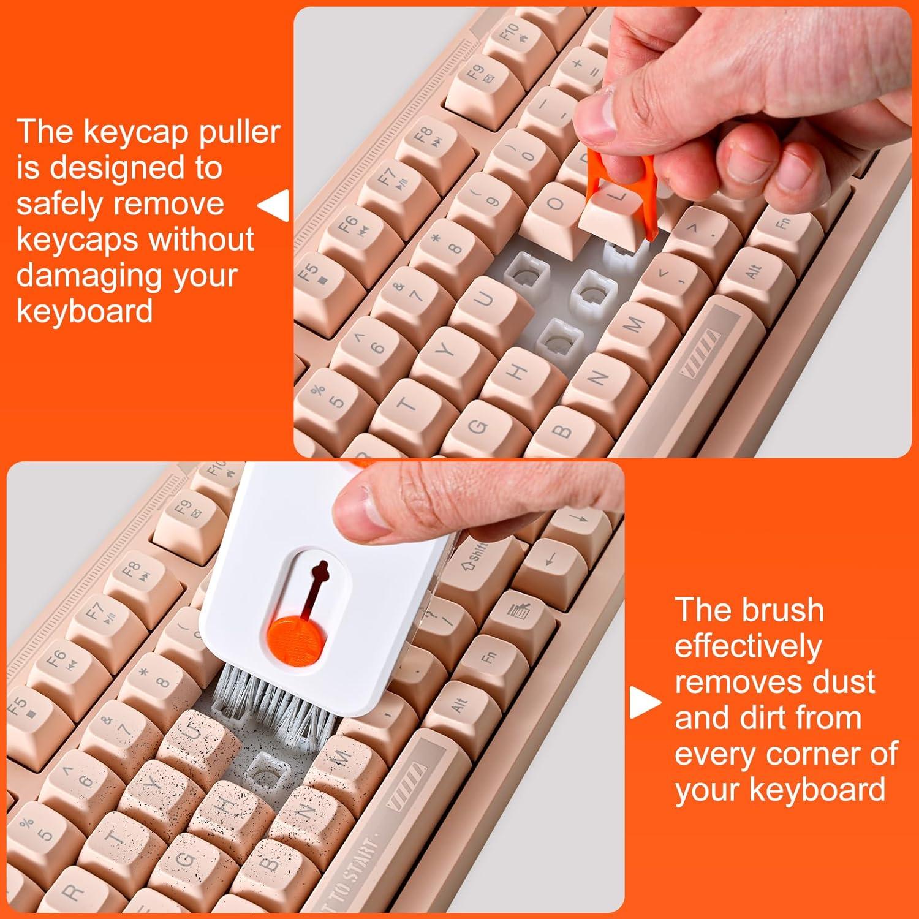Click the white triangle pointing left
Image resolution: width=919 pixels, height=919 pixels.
coord(274,205)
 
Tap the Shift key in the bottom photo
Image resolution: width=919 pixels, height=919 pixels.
coord(475,554)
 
